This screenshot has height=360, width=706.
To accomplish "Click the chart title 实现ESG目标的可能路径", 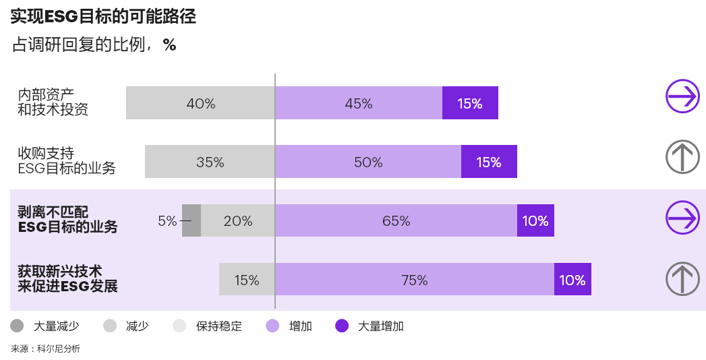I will click(x=103, y=17).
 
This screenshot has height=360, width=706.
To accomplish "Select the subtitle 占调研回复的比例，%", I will click(x=94, y=45).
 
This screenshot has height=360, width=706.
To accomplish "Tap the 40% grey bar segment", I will click(x=200, y=103).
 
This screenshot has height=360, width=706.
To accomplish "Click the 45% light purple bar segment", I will click(x=358, y=103).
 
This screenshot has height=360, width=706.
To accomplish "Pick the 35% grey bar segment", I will click(x=210, y=162).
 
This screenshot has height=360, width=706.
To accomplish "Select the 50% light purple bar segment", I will click(x=367, y=162).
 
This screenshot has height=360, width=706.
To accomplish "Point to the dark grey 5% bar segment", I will click(x=192, y=220).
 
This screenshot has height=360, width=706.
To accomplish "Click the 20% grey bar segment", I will click(x=237, y=220).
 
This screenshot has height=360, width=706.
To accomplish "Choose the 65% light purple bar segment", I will click(x=396, y=220).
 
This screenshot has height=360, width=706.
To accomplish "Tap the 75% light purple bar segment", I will click(x=414, y=280).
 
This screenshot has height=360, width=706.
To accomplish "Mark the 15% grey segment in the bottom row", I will click(x=247, y=280).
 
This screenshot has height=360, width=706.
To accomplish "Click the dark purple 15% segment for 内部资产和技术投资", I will click(x=470, y=103).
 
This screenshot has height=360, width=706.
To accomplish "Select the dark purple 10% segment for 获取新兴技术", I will click(x=572, y=280).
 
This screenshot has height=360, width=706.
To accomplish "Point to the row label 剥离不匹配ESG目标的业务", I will click(x=67, y=220).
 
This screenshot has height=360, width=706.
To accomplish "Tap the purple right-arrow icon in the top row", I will click(x=682, y=96).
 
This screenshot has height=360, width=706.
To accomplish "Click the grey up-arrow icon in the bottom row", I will click(x=682, y=278).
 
